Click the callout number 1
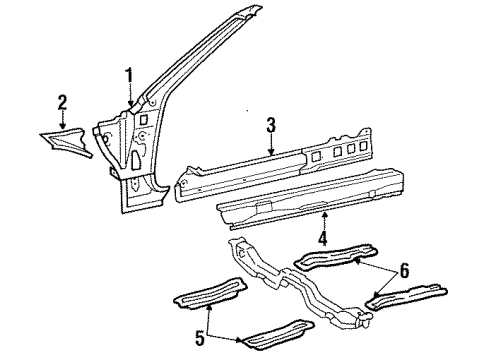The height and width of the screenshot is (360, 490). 129,74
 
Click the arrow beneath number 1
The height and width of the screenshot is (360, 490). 130,98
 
